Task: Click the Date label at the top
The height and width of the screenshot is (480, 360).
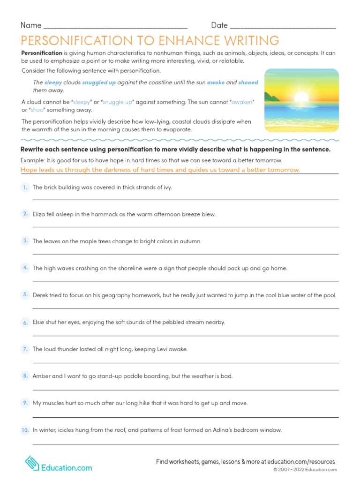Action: pyautogui.click(x=219, y=25)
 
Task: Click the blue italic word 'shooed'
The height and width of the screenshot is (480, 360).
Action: pyautogui.click(x=248, y=82)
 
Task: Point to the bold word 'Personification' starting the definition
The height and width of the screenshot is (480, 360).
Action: pyautogui.click(x=42, y=53)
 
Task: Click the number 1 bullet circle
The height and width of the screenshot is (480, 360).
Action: pyautogui.click(x=25, y=187)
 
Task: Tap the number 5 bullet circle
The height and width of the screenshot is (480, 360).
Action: pyautogui.click(x=25, y=295)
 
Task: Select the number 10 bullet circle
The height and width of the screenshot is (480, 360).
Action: pyautogui.click(x=25, y=430)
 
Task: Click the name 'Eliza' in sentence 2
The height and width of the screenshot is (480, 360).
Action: pyautogui.click(x=39, y=214)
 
